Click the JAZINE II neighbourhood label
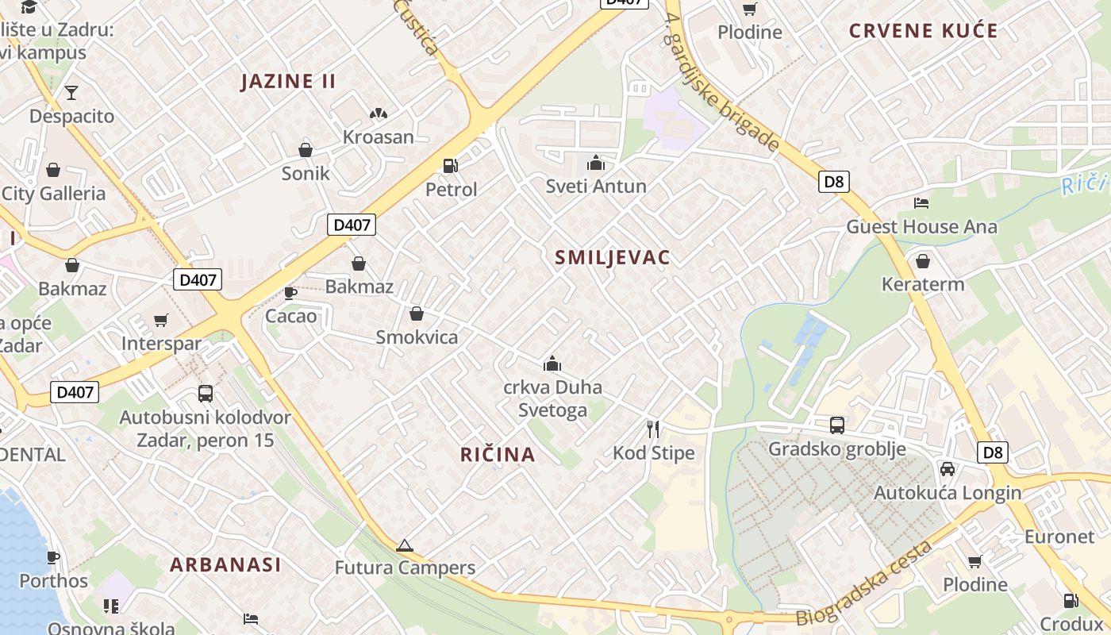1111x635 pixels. click(x=289, y=81)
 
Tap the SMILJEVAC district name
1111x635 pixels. click(x=613, y=257)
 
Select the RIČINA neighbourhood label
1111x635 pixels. click(x=498, y=455)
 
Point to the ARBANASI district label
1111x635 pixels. click(x=225, y=565)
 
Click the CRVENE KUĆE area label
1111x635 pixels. click(x=924, y=31)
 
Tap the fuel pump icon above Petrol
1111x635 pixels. click(x=451, y=166)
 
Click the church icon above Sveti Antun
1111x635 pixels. click(x=596, y=164)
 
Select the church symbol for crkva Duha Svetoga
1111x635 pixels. click(x=552, y=364)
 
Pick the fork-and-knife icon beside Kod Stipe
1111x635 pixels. click(x=653, y=429)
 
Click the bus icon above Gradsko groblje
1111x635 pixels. click(x=837, y=425)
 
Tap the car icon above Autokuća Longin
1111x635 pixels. click(x=947, y=469)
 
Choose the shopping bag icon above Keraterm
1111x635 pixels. click(x=923, y=261)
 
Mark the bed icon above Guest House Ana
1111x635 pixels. click(x=921, y=203)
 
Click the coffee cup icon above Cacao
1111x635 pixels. click(x=290, y=293)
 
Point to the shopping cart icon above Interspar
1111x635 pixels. click(x=161, y=321)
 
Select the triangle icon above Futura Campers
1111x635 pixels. click(x=405, y=545)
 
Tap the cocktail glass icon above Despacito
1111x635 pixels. click(x=71, y=93)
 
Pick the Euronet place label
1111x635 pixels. click(x=1059, y=537)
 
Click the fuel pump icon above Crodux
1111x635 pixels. click(x=1071, y=601)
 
